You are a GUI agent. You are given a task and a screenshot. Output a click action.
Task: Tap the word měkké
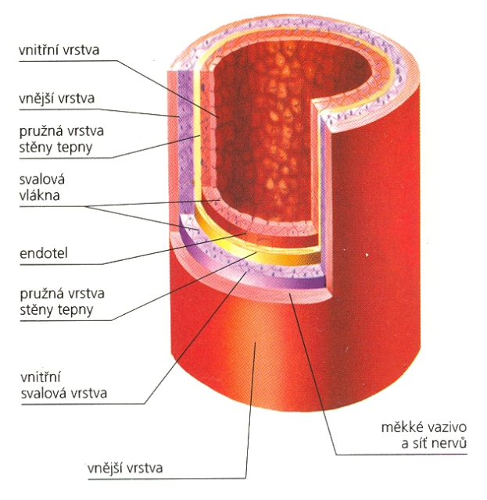(398, 428)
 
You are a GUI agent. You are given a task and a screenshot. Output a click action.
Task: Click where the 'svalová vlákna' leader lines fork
(88, 205)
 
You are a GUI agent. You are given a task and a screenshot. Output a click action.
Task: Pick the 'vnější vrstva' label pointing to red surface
(126, 469)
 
